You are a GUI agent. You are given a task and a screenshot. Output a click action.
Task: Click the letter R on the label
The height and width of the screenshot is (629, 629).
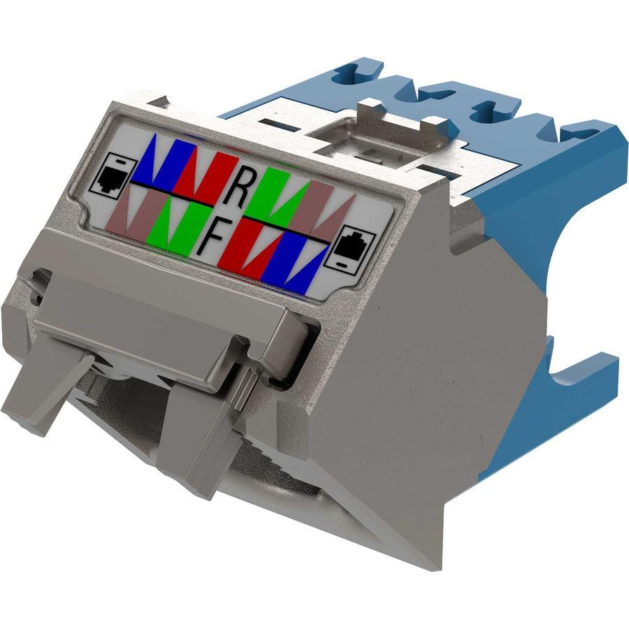tap(238, 186)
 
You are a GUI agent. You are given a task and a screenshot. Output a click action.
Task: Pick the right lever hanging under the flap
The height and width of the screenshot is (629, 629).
tap(189, 433)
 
